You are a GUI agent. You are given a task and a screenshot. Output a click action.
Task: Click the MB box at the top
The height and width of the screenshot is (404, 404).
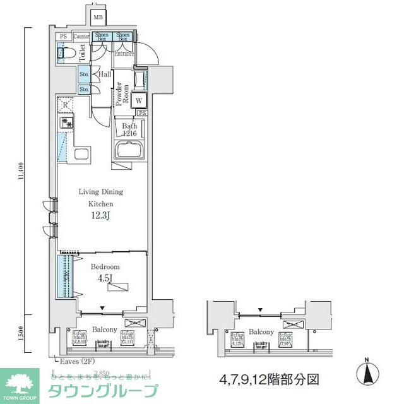click(98, 17)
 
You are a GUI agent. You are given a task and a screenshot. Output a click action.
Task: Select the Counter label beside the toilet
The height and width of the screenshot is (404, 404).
click(82, 37)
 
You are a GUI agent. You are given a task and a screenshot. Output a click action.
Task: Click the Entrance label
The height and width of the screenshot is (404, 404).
click(124, 54)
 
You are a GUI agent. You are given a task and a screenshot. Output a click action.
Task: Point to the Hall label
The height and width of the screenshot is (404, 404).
click(105, 75)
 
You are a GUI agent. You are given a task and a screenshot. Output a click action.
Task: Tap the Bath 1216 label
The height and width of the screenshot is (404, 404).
click(129, 129)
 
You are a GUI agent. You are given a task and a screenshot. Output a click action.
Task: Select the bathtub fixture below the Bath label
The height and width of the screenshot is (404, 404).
click(130, 151)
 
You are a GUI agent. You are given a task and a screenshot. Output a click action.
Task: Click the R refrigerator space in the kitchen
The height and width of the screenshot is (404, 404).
click(66, 104)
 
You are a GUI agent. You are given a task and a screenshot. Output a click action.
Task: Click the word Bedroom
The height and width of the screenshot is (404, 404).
click(104, 267)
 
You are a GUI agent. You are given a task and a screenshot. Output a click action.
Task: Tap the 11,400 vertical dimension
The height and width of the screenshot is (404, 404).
click(21, 170)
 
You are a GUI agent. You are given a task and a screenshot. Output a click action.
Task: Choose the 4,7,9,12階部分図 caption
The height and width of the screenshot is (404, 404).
click(270, 380)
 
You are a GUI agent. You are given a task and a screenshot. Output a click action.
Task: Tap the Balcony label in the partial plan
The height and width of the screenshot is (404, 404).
click(261, 331)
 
